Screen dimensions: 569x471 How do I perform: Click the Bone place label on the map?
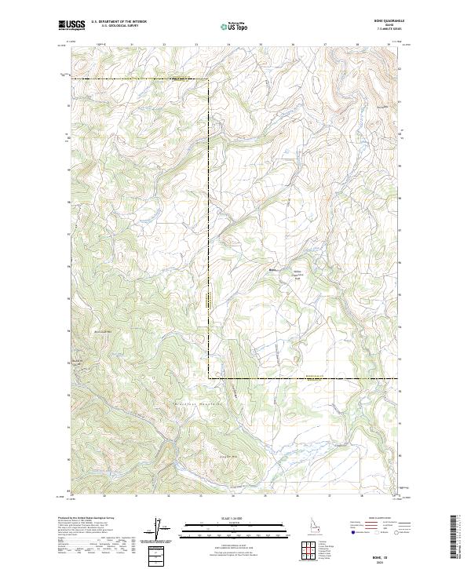coord(273,271)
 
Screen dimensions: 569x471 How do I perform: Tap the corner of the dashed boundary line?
coord(209,379)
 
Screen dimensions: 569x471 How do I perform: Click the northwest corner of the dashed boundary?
coord(72,78)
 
